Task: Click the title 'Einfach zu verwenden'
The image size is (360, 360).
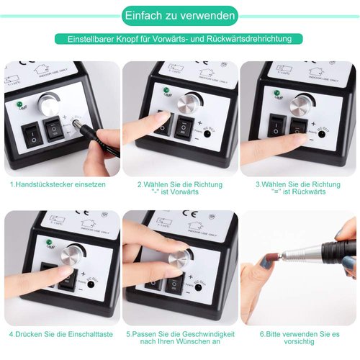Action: [x=179, y=15]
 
